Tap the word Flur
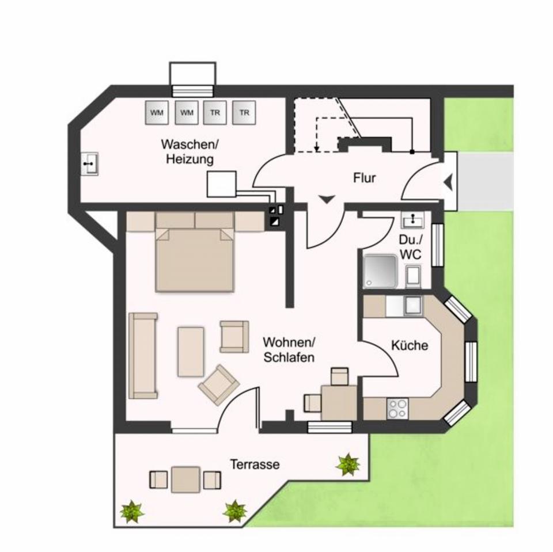point(364,178)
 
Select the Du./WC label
point(411,247)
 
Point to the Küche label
point(410,345)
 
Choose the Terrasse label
point(255,464)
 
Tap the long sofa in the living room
point(143,356)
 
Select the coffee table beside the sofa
point(191,351)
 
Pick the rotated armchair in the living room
point(219,384)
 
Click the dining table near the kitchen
point(339,402)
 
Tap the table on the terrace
point(185,479)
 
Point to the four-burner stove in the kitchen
point(397,408)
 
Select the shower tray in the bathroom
point(380,271)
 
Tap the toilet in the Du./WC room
point(413,276)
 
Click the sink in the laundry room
point(89,164)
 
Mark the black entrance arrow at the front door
point(448,184)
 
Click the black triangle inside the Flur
point(327,199)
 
